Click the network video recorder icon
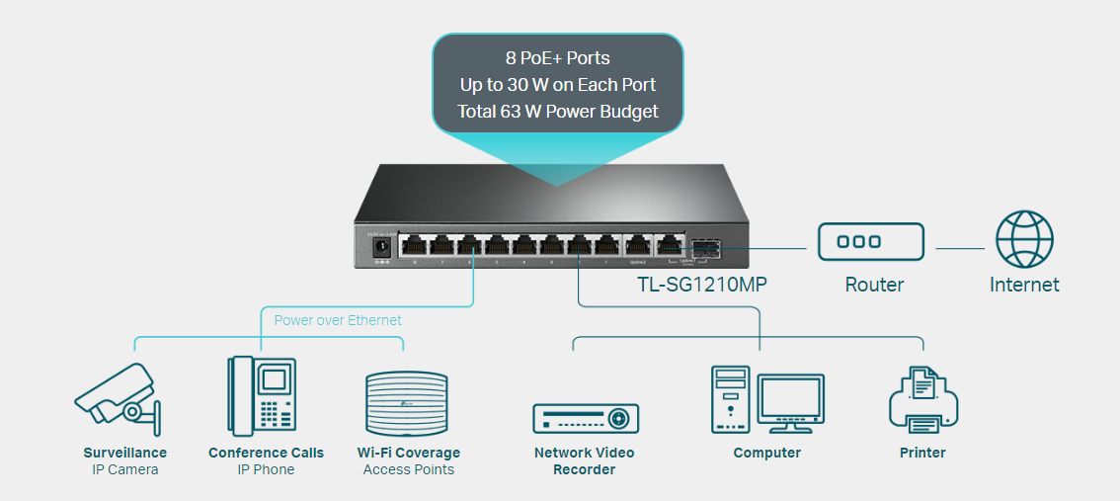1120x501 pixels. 586,418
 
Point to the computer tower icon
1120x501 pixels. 730,399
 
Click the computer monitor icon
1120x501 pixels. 790,401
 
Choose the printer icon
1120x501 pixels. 923,399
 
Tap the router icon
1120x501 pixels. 871,242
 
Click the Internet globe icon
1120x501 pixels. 1024,240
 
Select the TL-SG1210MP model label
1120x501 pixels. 701,286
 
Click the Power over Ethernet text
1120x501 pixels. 338,320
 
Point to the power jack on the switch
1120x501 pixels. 376,248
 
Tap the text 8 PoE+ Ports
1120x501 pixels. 557,58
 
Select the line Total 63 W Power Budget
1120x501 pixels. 557,112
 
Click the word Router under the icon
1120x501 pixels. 874,285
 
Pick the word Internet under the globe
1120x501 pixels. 1024,285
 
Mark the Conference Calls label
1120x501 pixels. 266,453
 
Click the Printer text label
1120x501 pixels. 922,453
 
